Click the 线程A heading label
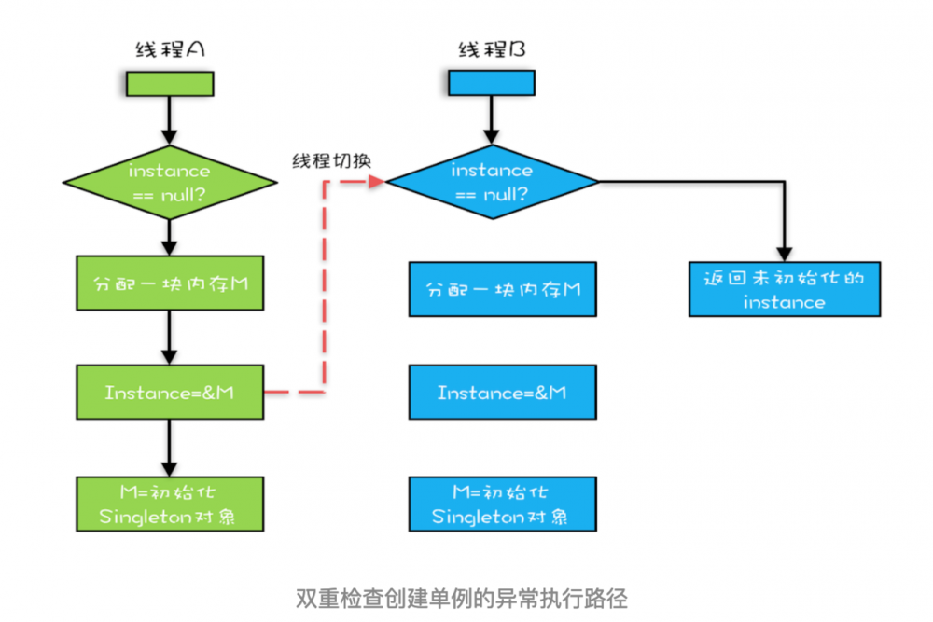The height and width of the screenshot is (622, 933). coord(169,50)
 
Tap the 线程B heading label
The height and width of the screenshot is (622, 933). coord(492,50)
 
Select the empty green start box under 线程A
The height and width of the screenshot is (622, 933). coord(169,83)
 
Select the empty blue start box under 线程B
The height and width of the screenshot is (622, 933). coord(492,83)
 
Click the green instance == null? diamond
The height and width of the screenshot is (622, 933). coord(169,182)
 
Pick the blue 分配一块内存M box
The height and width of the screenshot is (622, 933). coord(502,289)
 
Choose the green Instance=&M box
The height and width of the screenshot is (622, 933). coord(169,393)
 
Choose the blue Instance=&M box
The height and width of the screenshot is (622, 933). coord(502,393)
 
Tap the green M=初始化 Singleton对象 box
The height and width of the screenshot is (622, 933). coord(169,505)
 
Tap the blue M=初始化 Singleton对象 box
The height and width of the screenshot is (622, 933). coord(502,504)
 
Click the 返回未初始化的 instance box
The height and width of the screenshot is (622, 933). coord(785,289)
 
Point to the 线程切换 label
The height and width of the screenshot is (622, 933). coord(330,159)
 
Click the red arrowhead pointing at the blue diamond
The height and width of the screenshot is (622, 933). coord(377,182)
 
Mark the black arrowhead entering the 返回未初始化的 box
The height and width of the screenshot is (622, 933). coord(785,254)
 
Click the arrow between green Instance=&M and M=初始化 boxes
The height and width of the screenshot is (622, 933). coord(169,447)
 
